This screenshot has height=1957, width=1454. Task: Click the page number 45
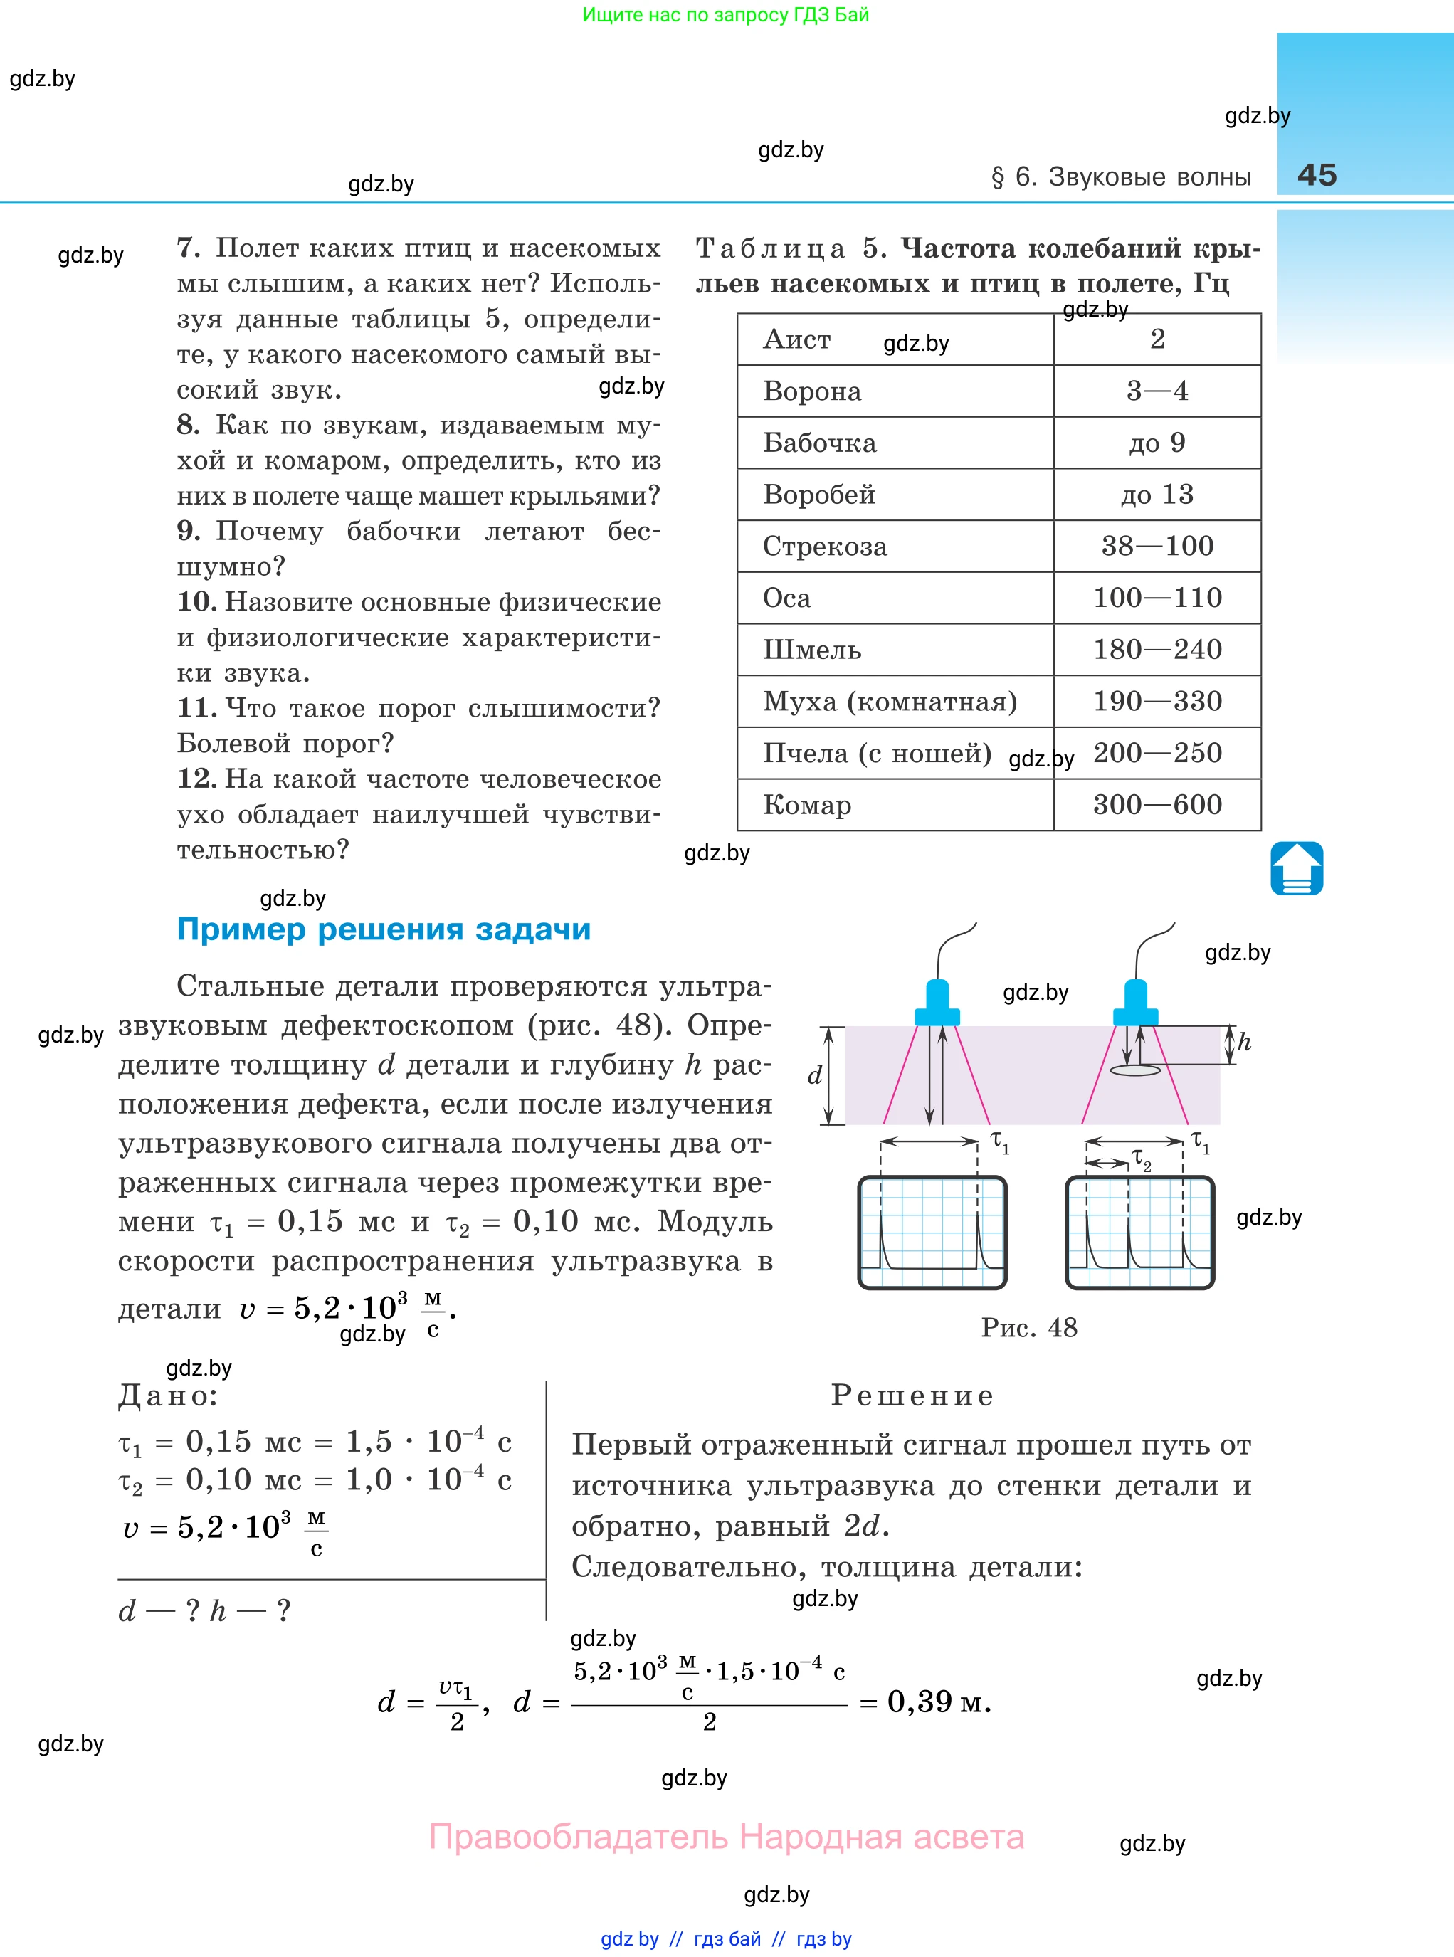(x=1317, y=175)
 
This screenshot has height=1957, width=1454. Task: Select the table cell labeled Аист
(x=796, y=339)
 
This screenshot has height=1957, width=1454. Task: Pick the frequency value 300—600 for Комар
(x=1157, y=804)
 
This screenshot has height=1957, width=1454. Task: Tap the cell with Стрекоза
(x=825, y=547)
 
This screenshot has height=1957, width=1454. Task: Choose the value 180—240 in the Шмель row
(x=1157, y=650)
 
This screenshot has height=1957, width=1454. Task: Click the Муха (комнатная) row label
(x=890, y=701)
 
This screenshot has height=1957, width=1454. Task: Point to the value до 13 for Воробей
(x=1157, y=495)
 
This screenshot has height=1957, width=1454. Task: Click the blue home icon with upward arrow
(x=1297, y=868)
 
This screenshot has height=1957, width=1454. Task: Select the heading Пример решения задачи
(x=384, y=929)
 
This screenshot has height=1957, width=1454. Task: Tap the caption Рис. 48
(x=1029, y=1327)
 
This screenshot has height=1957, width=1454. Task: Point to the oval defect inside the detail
(x=1135, y=1070)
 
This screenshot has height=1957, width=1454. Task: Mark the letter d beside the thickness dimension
(x=815, y=1075)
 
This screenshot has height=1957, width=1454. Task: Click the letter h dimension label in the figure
(x=1243, y=1043)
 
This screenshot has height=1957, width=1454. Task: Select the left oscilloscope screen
(x=932, y=1233)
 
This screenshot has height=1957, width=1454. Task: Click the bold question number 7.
(x=189, y=248)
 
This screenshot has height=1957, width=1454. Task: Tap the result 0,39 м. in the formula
(x=938, y=1702)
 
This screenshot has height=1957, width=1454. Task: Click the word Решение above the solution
(x=912, y=1396)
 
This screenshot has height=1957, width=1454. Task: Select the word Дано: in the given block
(x=168, y=1396)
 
